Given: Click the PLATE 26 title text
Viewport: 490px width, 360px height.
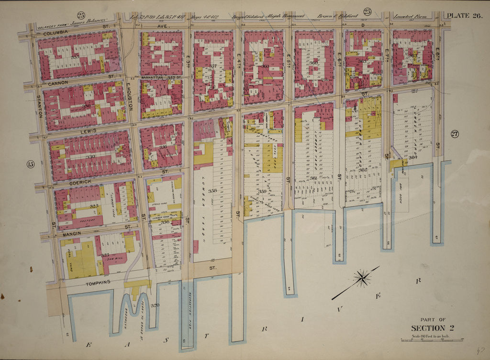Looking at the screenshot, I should pyautogui.click(x=463, y=16).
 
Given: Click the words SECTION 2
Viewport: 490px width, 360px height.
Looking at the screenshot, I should pyautogui.click(x=432, y=327).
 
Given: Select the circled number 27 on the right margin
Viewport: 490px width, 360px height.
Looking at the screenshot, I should pyautogui.click(x=454, y=134).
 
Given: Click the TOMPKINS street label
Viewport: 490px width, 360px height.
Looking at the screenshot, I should pyautogui.click(x=98, y=282).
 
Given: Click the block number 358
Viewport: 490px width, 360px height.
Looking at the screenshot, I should pyautogui.click(x=212, y=191).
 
